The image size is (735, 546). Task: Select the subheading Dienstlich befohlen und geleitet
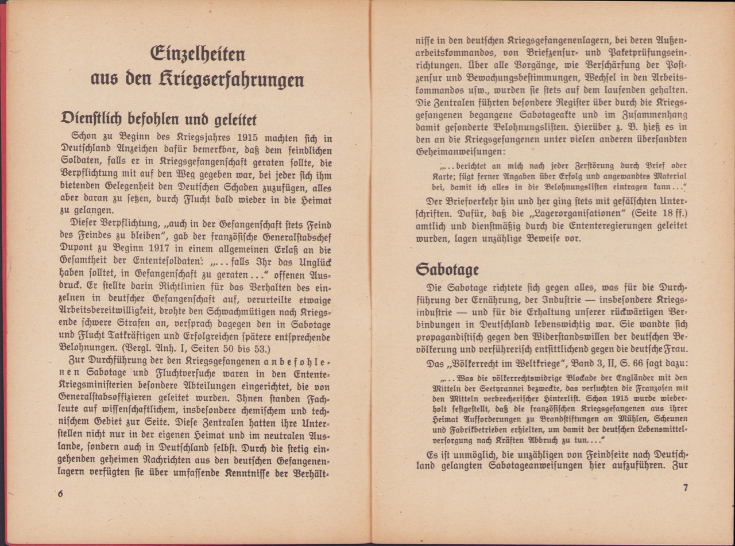158,119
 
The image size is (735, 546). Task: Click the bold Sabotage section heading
447,269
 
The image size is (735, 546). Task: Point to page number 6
60,494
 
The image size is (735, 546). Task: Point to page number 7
685,488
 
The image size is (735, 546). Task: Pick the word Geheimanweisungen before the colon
459,152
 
